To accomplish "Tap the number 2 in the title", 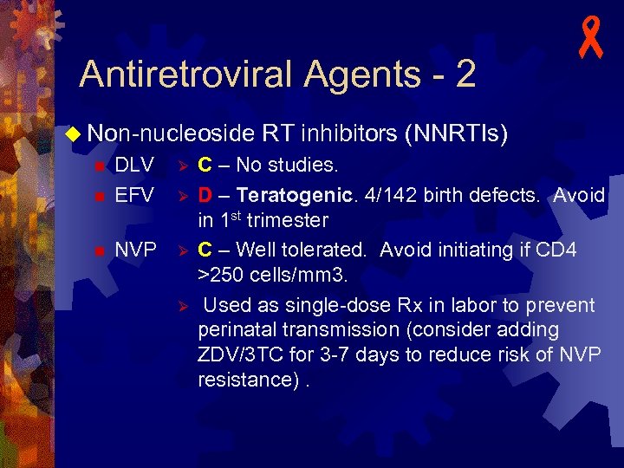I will (x=465, y=75).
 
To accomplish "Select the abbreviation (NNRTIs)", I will (x=456, y=133).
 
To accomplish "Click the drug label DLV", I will (x=134, y=165).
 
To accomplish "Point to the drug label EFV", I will (x=134, y=195).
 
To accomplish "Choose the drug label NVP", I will (x=135, y=250).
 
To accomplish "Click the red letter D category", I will (x=206, y=195).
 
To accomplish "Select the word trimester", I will (x=288, y=220).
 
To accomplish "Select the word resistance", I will (x=246, y=380).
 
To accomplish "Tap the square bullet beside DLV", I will (x=99, y=166).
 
